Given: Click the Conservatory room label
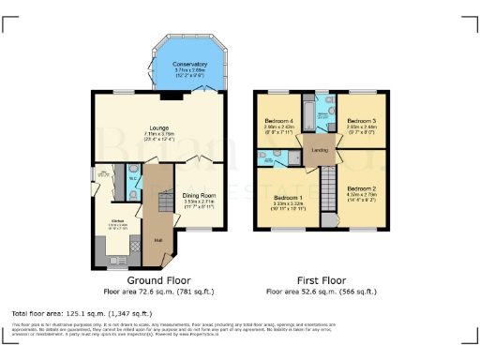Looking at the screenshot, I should (x=190, y=64).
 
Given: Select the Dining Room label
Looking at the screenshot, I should (x=200, y=195).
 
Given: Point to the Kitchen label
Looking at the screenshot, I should (x=118, y=221).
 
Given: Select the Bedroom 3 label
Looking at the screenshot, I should (x=362, y=120).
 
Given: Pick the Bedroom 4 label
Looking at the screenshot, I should (x=279, y=121).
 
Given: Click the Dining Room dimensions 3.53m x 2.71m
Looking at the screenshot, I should (x=200, y=202).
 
